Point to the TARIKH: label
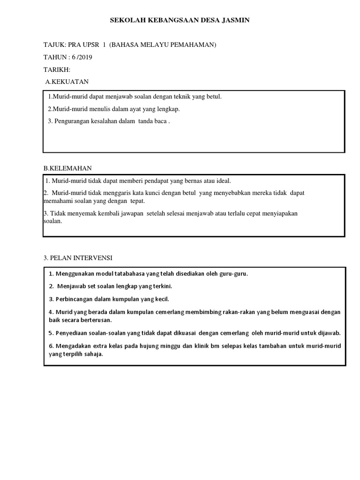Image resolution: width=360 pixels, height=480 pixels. click(57, 70)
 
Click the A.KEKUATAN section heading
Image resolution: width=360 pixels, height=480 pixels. click(67, 82)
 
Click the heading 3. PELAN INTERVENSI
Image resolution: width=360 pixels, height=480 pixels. click(78, 258)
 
